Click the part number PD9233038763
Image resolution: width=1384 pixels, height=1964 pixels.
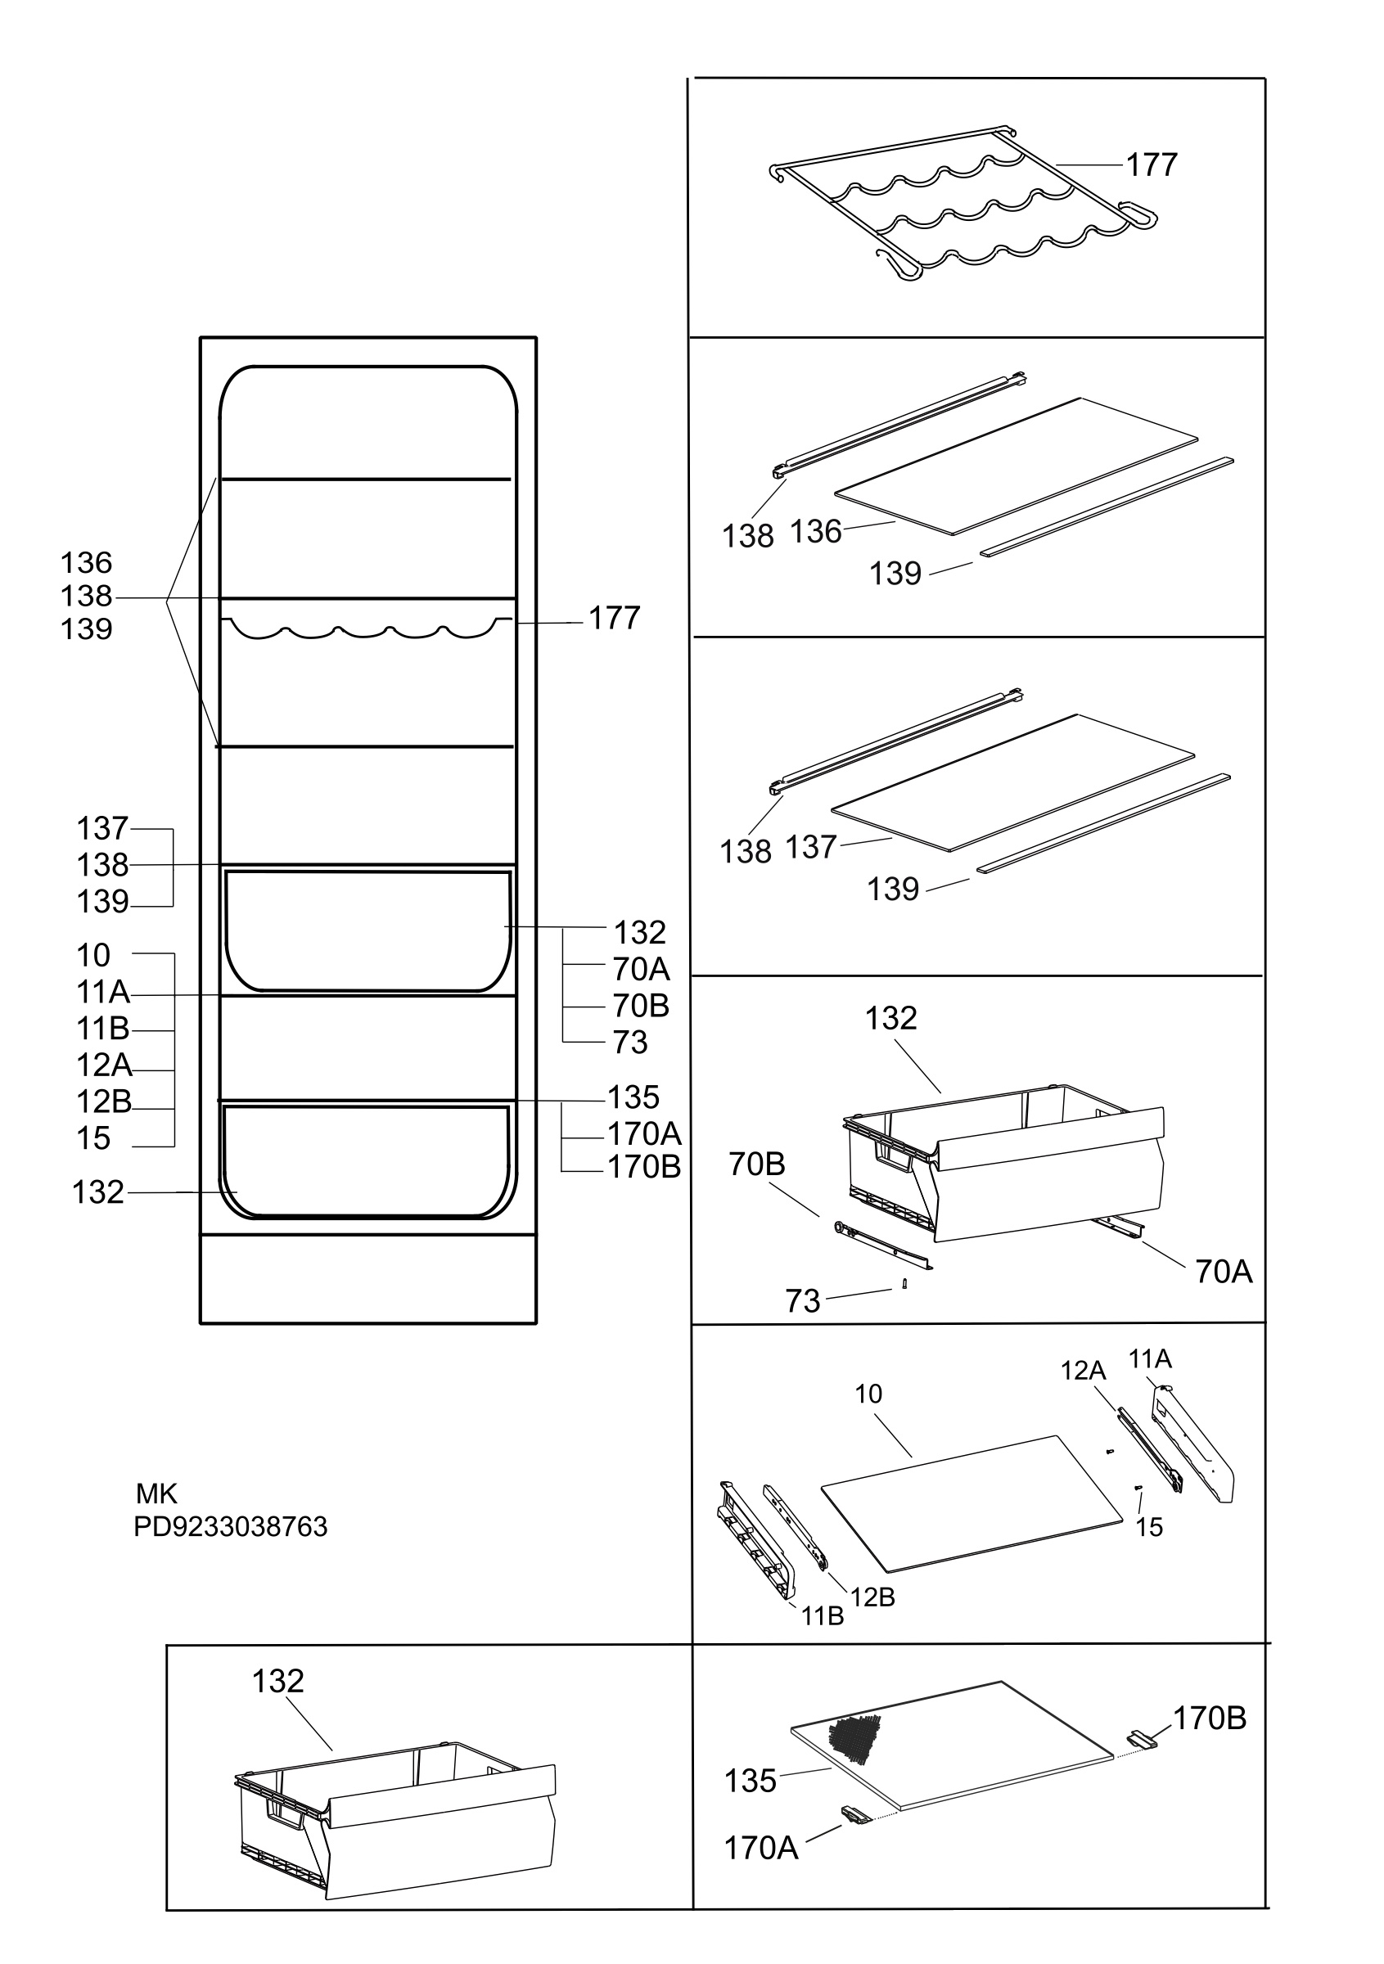[x=230, y=1527]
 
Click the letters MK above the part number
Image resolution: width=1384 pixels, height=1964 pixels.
[x=156, y=1493]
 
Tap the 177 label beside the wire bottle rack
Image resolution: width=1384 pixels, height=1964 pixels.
[x=1152, y=164]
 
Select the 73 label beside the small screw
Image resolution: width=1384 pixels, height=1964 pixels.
[x=802, y=1301]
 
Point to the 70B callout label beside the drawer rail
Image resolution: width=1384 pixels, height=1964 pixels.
[x=756, y=1164]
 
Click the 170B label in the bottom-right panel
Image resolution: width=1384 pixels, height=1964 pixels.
[x=1209, y=1718]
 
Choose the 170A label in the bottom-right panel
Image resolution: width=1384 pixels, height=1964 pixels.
[x=760, y=1849]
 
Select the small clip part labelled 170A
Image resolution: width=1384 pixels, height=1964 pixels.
[x=856, y=1814]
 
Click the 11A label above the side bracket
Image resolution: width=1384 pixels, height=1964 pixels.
[x=1150, y=1358]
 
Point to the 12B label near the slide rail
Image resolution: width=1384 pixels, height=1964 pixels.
[x=872, y=1597]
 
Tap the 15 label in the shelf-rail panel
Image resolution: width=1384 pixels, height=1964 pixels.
[x=1149, y=1527]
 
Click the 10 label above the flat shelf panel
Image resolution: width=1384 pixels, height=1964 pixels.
[x=868, y=1394]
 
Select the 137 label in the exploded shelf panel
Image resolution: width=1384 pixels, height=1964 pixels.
[x=810, y=847]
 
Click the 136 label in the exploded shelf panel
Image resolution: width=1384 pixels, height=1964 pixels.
[x=815, y=531]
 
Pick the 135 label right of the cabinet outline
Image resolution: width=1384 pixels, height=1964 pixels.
[x=633, y=1097]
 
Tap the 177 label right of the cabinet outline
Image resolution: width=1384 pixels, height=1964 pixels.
[x=614, y=618]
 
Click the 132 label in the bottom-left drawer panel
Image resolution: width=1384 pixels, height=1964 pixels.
[x=277, y=1681]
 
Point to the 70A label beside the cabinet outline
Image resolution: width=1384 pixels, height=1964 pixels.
[x=641, y=969]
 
